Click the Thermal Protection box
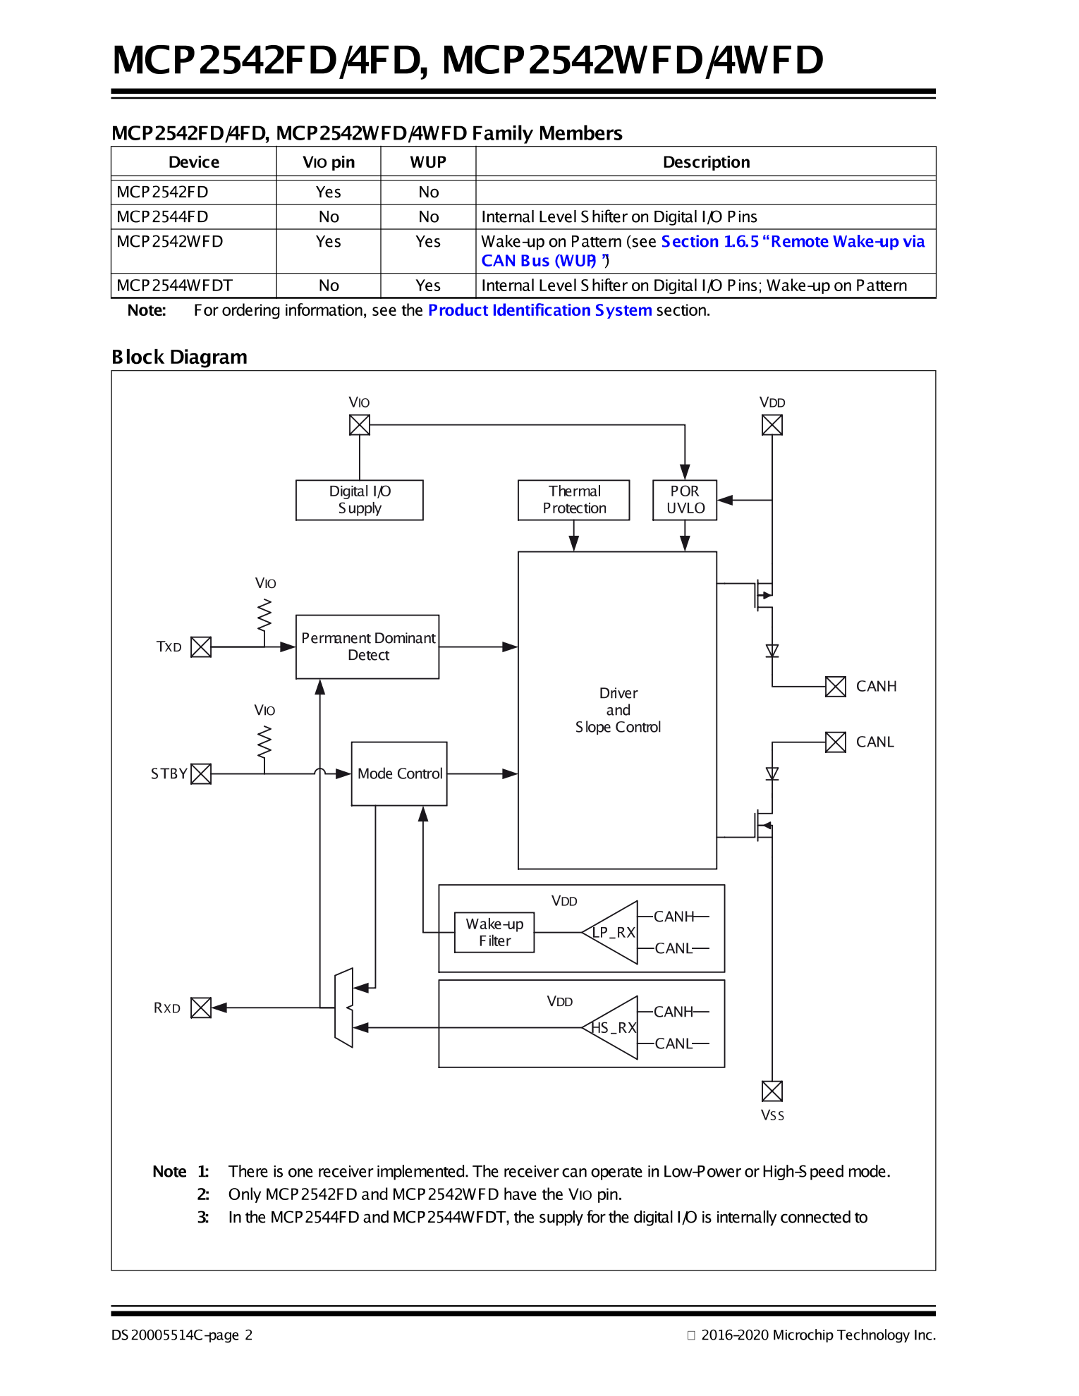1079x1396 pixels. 573,500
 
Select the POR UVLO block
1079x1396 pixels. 685,500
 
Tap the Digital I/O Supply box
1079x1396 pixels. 359,500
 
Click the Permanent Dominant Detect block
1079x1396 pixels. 367,647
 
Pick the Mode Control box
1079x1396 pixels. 399,773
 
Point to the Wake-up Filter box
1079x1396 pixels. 494,932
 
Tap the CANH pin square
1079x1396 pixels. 836,686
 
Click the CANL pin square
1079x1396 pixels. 836,742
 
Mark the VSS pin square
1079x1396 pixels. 772,1091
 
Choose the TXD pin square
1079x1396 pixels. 201,647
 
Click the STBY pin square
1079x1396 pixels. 201,773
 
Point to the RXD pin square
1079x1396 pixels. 201,1008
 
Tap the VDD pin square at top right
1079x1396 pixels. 772,424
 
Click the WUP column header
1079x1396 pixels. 428,162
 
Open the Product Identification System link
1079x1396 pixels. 539,310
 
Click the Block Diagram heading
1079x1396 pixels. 179,357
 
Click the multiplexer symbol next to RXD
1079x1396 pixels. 343,1008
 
